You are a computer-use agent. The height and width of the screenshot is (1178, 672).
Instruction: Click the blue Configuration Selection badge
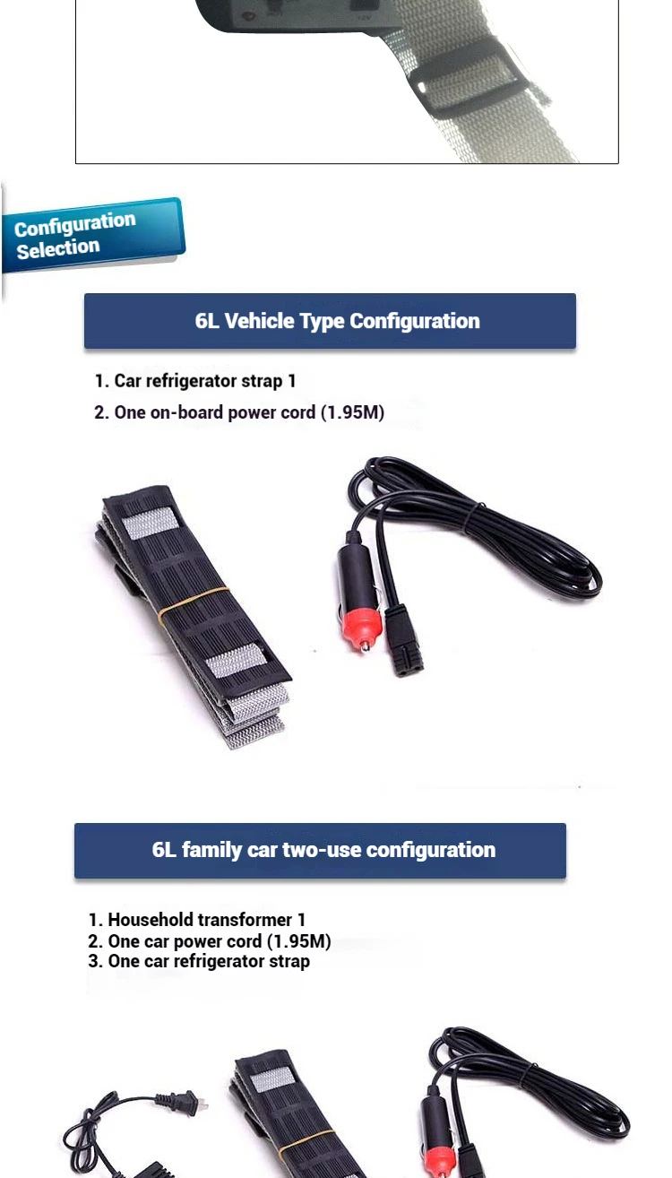coord(93,235)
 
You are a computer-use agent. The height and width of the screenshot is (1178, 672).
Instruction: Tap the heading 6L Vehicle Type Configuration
coord(337,321)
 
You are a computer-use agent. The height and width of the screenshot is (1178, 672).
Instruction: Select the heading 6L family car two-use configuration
coord(323,850)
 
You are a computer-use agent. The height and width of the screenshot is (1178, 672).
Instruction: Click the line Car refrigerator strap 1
coord(195,381)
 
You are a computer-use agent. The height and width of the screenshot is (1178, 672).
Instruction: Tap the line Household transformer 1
coord(197,920)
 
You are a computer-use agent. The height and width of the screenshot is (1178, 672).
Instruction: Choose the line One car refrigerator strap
coord(199,961)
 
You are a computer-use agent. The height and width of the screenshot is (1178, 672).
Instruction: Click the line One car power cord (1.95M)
coord(210,940)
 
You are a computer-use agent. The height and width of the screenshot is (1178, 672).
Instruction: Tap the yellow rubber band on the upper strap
coord(194,601)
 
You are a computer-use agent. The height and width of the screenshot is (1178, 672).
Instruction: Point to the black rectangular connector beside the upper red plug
coord(402,640)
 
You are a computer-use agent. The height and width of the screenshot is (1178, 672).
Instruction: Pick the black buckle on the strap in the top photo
coord(470,79)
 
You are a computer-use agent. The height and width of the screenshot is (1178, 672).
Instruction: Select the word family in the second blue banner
coord(211,851)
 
